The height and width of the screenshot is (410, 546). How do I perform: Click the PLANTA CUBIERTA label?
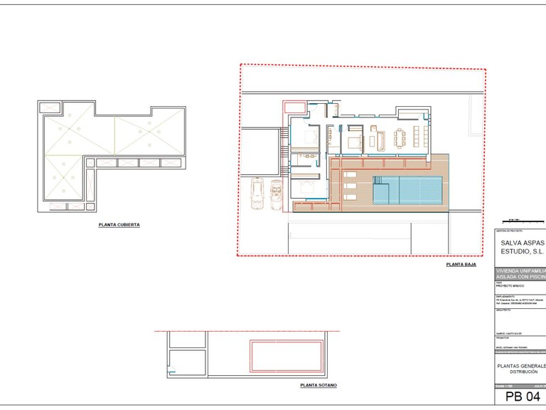tap(119, 225)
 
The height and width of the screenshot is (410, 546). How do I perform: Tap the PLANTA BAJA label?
tap(461, 264)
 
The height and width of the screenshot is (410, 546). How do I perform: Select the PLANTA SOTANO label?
tap(318, 385)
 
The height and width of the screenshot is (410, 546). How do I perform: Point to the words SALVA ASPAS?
tap(523, 243)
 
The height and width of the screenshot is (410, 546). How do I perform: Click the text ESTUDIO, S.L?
tap(523, 251)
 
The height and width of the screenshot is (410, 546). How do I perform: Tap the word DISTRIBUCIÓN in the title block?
tap(523, 372)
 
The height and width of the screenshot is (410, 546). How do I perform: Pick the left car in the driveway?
tap(257, 194)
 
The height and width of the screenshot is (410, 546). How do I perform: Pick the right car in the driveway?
tap(276, 194)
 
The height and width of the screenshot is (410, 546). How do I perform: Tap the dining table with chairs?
tap(407, 134)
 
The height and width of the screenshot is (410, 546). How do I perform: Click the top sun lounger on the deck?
tap(350, 174)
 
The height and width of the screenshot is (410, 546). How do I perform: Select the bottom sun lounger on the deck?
tap(350, 196)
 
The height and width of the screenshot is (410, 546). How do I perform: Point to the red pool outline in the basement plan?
tap(284, 354)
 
